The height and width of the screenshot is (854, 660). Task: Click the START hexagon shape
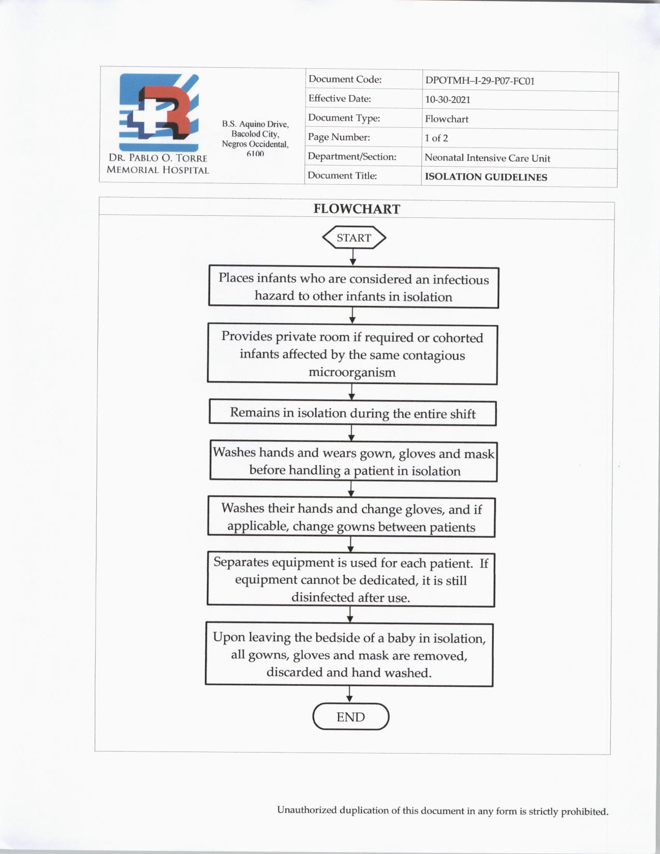[x=354, y=238]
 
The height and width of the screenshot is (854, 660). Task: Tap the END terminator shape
[x=350, y=717]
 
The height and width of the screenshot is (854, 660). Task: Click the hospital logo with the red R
[x=159, y=112]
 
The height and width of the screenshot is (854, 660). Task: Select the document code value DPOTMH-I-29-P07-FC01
[x=479, y=81]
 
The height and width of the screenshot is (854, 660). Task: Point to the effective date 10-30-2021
[x=447, y=100]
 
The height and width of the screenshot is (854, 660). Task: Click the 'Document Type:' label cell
[x=344, y=118]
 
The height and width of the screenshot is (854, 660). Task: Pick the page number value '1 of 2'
[x=436, y=138]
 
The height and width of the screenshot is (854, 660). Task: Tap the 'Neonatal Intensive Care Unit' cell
[x=487, y=158]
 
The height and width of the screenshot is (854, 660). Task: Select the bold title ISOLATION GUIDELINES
[x=486, y=177]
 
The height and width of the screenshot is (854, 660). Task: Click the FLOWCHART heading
[x=357, y=209]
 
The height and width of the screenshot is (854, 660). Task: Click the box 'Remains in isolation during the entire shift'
[x=353, y=413]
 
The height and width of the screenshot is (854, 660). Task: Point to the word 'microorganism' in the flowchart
[x=352, y=373]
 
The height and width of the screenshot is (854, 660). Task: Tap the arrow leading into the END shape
[x=349, y=695]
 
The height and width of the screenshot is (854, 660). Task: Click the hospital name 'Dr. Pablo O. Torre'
[x=158, y=158]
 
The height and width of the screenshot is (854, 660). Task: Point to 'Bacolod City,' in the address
[x=255, y=134]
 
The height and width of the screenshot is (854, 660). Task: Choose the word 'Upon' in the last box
[x=229, y=637]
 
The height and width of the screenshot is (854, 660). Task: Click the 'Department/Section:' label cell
[x=352, y=156]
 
